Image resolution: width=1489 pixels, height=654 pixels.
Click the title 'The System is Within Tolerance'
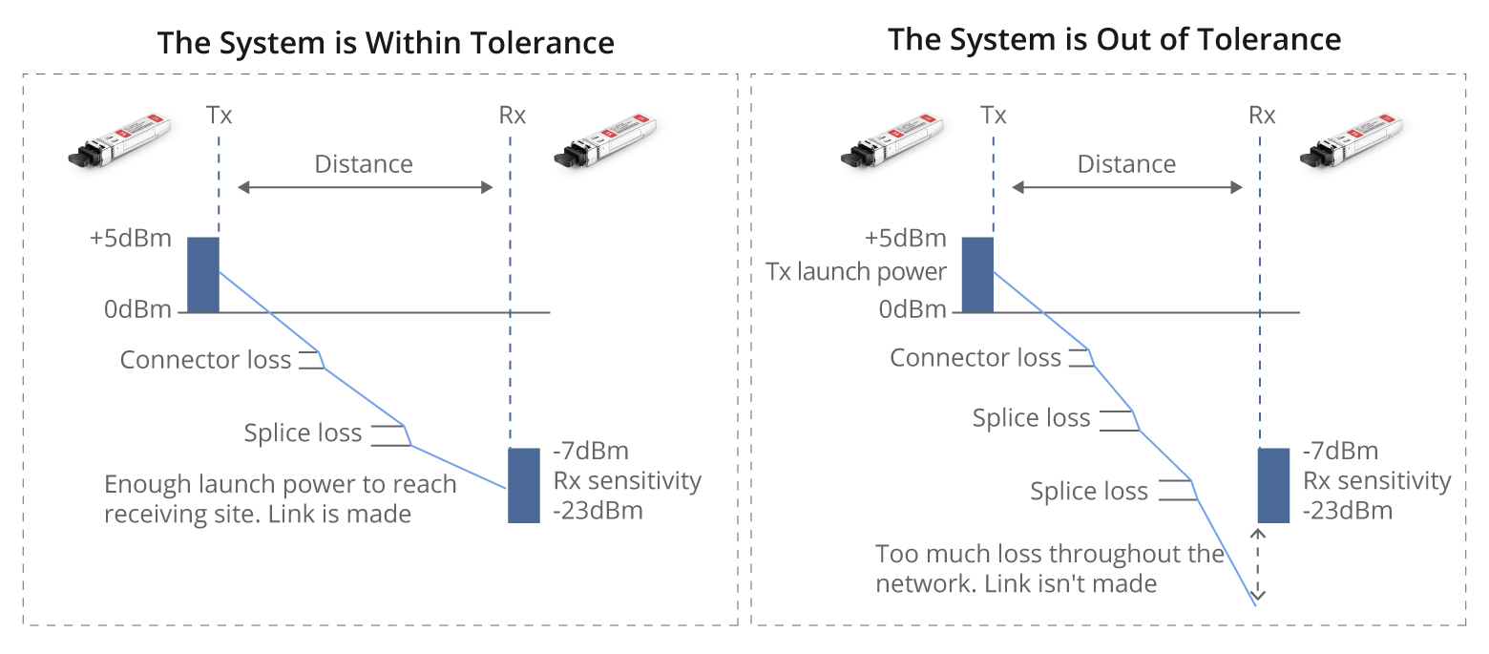point(386,43)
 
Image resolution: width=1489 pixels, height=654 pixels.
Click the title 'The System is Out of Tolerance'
point(1114,39)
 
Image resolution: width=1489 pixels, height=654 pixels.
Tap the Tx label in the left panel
point(219,116)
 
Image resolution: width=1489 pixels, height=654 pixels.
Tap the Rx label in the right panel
point(1262,116)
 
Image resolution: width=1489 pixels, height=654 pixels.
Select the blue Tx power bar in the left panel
point(202,275)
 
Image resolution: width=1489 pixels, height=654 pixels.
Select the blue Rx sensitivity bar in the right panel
point(1273,485)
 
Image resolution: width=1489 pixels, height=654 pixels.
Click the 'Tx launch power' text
point(856,272)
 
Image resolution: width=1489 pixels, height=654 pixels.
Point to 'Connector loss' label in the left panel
point(205,360)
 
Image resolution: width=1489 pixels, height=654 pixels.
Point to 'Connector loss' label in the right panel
point(975,358)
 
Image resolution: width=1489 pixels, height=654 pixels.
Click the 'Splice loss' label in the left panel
point(303,433)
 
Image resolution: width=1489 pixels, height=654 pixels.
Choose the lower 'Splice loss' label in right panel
point(1089,492)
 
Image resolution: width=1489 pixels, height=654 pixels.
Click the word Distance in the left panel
point(364,164)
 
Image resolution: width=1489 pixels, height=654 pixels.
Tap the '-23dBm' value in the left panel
point(598,511)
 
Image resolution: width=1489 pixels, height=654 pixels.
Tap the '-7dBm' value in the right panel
point(1340,452)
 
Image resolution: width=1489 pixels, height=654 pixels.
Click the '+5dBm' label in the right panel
point(905,238)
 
